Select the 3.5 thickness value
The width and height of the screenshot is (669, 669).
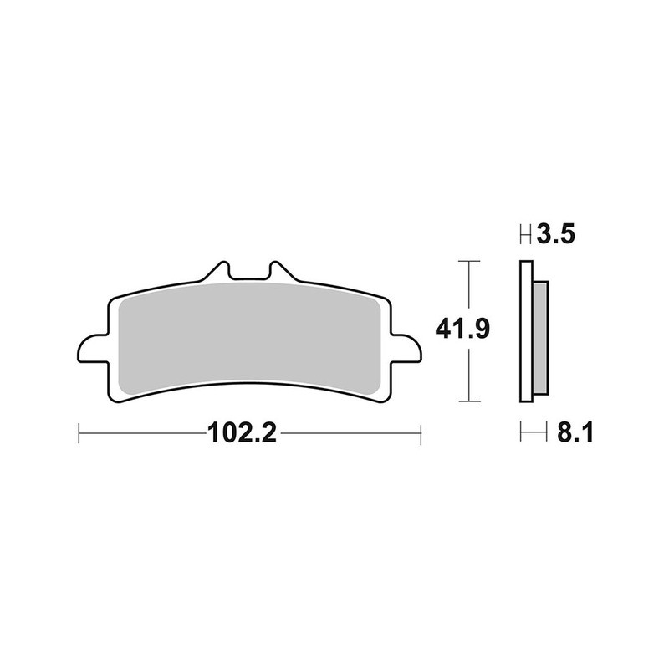556,235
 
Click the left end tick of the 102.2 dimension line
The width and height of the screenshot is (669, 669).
78,433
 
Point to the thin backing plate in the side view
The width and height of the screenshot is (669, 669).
525,334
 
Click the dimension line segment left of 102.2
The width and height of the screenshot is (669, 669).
142,433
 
